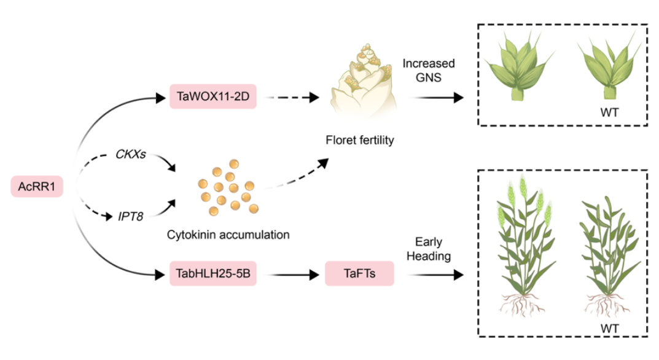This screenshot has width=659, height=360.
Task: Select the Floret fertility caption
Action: click(x=359, y=141)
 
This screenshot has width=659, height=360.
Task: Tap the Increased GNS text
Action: click(x=429, y=71)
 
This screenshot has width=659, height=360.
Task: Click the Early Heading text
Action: click(x=429, y=249)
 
